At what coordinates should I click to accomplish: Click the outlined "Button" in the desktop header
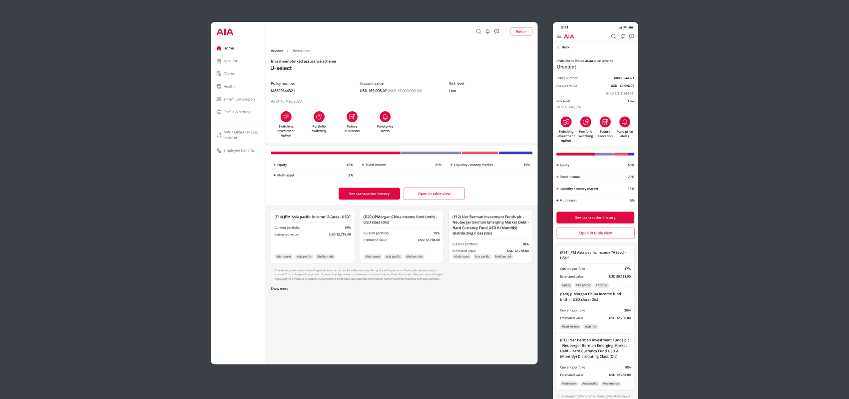[521, 31]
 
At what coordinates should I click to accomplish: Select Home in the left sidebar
[228, 48]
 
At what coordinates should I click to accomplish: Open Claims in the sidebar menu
[229, 74]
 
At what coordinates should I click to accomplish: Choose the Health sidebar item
[229, 86]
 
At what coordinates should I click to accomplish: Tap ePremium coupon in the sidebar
[239, 99]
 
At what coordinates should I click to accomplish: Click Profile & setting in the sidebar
[237, 112]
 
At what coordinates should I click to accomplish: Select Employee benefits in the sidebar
[239, 150]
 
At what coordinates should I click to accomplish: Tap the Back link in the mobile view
[565, 47]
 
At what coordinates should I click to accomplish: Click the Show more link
[279, 289]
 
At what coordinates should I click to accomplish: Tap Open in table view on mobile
[595, 233]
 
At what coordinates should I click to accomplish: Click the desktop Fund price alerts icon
[385, 117]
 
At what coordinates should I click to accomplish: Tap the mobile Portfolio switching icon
[585, 122]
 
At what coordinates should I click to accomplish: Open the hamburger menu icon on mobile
[559, 36]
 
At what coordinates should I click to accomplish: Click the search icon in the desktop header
[478, 31]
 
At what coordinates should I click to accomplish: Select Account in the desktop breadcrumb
[277, 51]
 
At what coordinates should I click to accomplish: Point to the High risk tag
[590, 327]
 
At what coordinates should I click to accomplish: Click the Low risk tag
[602, 285]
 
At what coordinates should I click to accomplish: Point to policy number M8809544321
[283, 91]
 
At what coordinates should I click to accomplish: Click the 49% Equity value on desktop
[350, 165]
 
